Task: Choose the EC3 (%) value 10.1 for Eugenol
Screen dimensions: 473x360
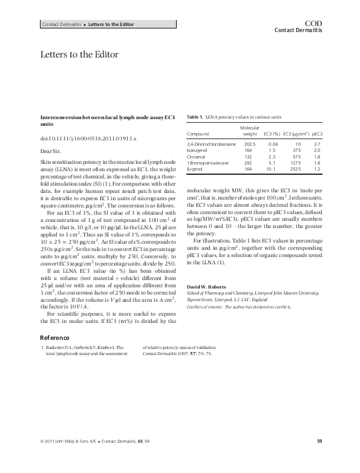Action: (272, 169)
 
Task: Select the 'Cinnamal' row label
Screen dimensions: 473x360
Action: (197, 156)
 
